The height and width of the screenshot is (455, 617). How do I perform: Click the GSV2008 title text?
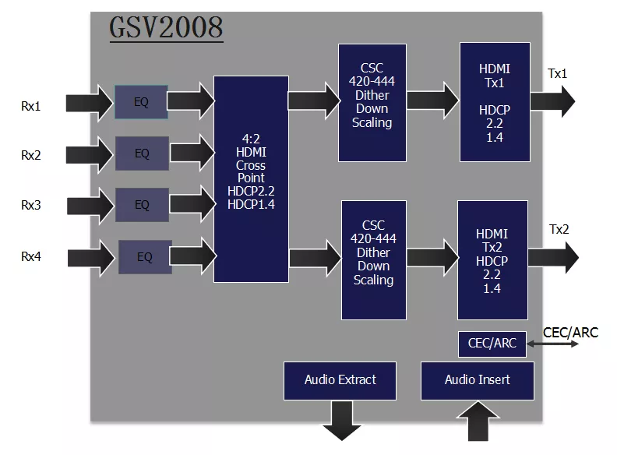(x=166, y=28)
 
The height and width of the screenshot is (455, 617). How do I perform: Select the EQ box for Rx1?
(x=141, y=102)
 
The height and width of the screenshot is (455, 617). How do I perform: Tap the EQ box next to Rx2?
(x=142, y=153)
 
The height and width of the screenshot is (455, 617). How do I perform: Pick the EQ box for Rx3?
(x=142, y=205)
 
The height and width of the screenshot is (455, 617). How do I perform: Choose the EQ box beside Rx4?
(x=145, y=257)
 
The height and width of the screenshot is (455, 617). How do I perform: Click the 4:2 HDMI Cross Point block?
(x=250, y=172)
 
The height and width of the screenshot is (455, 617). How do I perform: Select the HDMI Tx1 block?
(x=495, y=102)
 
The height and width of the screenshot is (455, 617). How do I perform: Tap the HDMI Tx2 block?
(x=492, y=260)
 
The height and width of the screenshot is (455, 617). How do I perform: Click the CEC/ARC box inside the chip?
(x=492, y=343)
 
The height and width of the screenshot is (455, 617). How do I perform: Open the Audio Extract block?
(x=340, y=380)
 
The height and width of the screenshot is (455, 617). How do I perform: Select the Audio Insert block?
(x=477, y=380)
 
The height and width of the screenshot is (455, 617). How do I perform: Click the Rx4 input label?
(x=31, y=256)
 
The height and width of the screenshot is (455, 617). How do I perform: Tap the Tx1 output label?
(x=558, y=74)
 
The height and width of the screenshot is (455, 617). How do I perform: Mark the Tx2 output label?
(x=559, y=229)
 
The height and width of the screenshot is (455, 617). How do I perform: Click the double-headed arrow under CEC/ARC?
(x=553, y=344)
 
